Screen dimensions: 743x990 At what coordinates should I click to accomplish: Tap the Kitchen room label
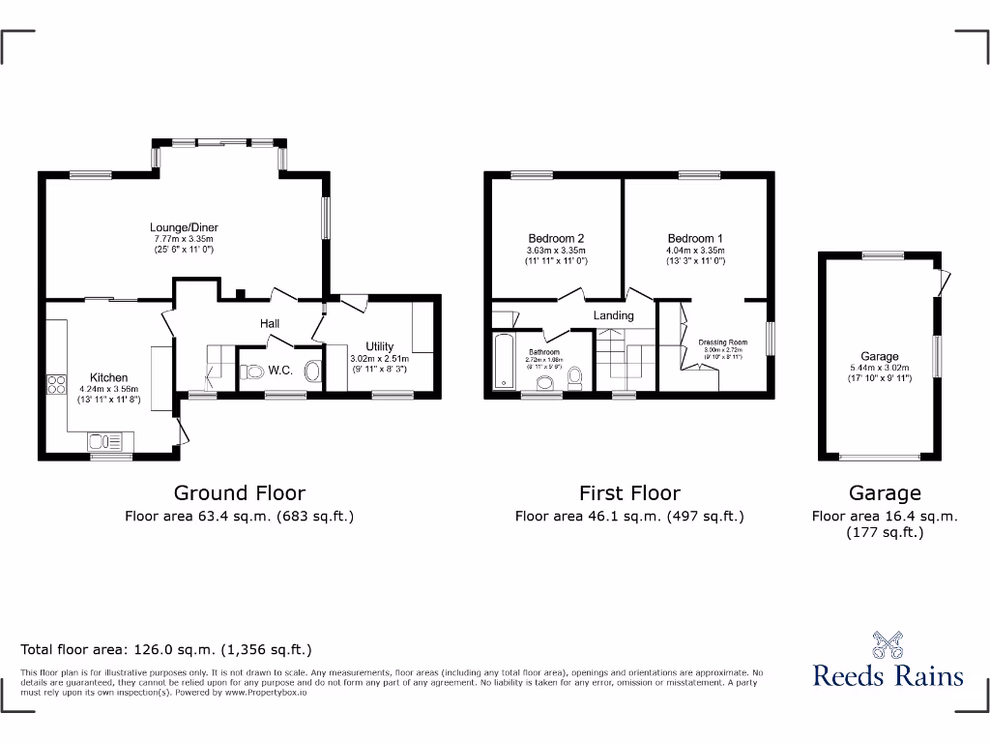click(109, 377)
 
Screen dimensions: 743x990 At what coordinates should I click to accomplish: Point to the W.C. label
click(280, 370)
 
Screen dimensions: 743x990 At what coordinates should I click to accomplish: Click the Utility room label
click(379, 346)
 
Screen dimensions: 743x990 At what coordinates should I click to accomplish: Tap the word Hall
click(270, 323)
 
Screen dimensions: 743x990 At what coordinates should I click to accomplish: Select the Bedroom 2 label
click(556, 238)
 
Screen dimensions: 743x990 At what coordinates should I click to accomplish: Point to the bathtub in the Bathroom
click(503, 361)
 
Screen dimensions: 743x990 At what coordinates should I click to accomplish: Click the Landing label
click(613, 315)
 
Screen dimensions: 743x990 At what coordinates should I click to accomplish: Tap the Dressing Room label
click(723, 342)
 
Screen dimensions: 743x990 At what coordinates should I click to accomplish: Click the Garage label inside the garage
click(880, 356)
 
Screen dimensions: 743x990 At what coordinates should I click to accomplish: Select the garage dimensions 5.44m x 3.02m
click(880, 368)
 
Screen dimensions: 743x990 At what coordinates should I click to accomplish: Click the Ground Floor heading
click(239, 493)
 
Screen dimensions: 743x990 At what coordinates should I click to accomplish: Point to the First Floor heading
click(629, 493)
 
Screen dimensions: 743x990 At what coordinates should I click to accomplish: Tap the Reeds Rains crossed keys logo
click(888, 644)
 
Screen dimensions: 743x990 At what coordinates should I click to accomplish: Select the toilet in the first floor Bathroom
click(574, 375)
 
